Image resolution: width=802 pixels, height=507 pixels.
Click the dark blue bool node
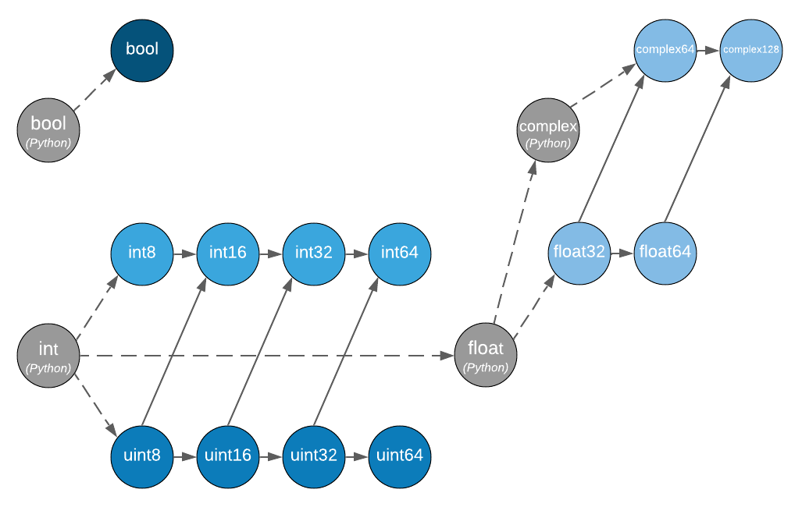(x=141, y=50)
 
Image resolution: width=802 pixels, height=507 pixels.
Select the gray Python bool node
(x=48, y=130)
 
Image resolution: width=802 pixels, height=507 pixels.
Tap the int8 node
(x=141, y=253)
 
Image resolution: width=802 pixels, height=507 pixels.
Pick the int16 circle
(x=227, y=253)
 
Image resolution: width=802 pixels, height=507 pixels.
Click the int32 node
(x=313, y=253)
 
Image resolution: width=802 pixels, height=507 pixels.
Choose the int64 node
(x=399, y=253)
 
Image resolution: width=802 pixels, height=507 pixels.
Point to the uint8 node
(x=141, y=456)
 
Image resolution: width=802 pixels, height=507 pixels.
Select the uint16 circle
(x=227, y=456)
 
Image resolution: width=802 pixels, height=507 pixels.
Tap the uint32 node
(x=313, y=456)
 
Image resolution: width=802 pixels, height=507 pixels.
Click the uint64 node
(x=399, y=456)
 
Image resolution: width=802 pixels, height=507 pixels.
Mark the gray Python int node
(x=48, y=356)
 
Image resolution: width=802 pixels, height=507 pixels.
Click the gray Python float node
(x=486, y=356)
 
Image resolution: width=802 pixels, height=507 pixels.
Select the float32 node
(x=579, y=253)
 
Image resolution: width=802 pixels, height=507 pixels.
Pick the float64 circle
(x=665, y=253)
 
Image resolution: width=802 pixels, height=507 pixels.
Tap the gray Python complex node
(x=547, y=131)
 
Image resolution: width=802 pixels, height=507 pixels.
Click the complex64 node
(x=665, y=50)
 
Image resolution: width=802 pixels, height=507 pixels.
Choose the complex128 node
(x=750, y=50)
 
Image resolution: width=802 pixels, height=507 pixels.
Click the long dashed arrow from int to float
(x=266, y=356)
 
